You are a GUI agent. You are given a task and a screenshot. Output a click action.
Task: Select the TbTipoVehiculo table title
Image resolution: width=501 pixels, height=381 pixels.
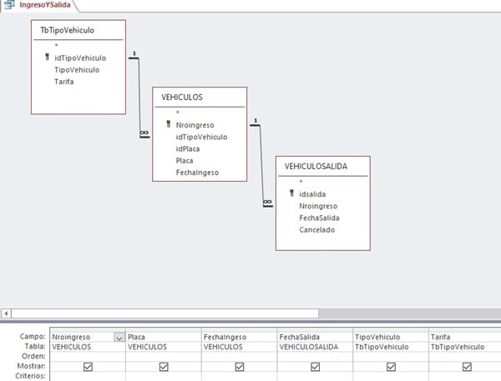tap(67, 30)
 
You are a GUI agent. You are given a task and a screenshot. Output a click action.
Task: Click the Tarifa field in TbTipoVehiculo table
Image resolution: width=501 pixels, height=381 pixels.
tap(63, 82)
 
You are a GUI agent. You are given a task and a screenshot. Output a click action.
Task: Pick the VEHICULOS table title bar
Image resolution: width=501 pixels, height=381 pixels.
tap(183, 97)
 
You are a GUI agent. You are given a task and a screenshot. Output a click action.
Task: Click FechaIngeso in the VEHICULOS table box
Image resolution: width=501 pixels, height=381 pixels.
tap(197, 173)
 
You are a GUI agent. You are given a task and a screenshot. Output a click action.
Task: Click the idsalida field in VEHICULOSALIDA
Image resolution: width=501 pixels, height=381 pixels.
tap(312, 193)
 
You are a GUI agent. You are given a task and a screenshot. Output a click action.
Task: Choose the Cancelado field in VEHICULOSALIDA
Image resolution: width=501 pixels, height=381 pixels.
tap(316, 229)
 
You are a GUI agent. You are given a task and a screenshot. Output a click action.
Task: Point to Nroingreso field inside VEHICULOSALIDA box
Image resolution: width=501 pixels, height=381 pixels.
tap(318, 205)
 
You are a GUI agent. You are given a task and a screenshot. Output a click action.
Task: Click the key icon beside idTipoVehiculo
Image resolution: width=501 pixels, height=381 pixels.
tap(47, 58)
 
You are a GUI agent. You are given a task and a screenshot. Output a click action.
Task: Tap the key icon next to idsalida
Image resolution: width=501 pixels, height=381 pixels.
tap(291, 193)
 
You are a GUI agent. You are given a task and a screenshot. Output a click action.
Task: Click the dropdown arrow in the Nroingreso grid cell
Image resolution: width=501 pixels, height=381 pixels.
tap(119, 337)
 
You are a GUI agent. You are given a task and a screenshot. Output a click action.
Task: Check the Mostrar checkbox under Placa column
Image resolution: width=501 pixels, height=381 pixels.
tap(164, 366)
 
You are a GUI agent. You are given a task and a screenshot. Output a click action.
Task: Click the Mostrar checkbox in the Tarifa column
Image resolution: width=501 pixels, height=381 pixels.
tap(466, 366)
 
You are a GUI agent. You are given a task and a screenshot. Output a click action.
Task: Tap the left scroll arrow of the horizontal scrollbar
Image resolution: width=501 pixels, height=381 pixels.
tap(7, 313)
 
